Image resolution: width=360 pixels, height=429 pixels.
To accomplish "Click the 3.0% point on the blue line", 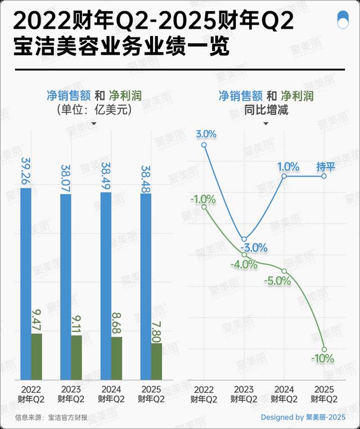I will (x=204, y=145).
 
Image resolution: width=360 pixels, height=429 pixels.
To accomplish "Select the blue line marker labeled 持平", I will (x=325, y=176).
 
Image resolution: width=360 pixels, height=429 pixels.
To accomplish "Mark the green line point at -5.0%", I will (x=285, y=271).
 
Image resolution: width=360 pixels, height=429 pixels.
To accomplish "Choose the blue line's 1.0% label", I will (x=287, y=166).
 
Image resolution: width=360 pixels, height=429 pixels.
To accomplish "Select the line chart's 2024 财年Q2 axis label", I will (x=285, y=394).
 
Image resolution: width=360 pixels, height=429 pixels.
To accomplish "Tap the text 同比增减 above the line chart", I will (x=266, y=110).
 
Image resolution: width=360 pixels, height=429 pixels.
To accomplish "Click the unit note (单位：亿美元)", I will (x=94, y=110).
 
